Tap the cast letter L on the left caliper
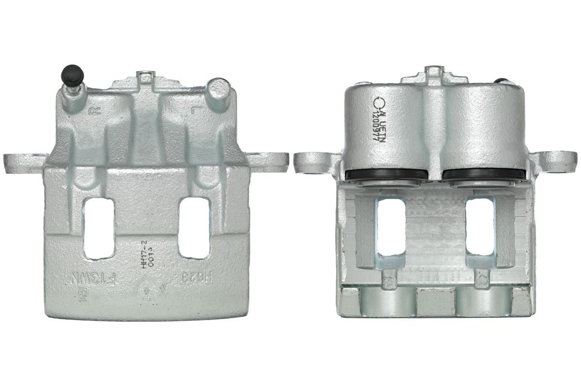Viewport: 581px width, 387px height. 196,111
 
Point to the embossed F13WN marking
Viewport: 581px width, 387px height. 93,279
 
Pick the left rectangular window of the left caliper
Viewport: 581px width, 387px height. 99,227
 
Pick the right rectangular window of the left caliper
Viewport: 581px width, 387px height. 194,227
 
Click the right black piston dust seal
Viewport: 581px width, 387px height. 483,175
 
